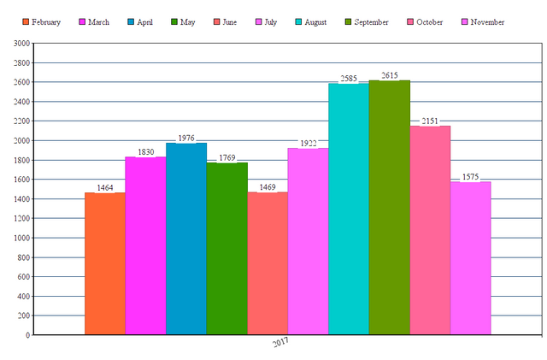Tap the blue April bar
[185, 239]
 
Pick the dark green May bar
[226, 248]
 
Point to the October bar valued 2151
[430, 230]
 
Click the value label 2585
[349, 78]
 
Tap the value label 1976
[185, 138]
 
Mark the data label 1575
[471, 176]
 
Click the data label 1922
[308, 143]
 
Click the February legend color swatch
[26, 21]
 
